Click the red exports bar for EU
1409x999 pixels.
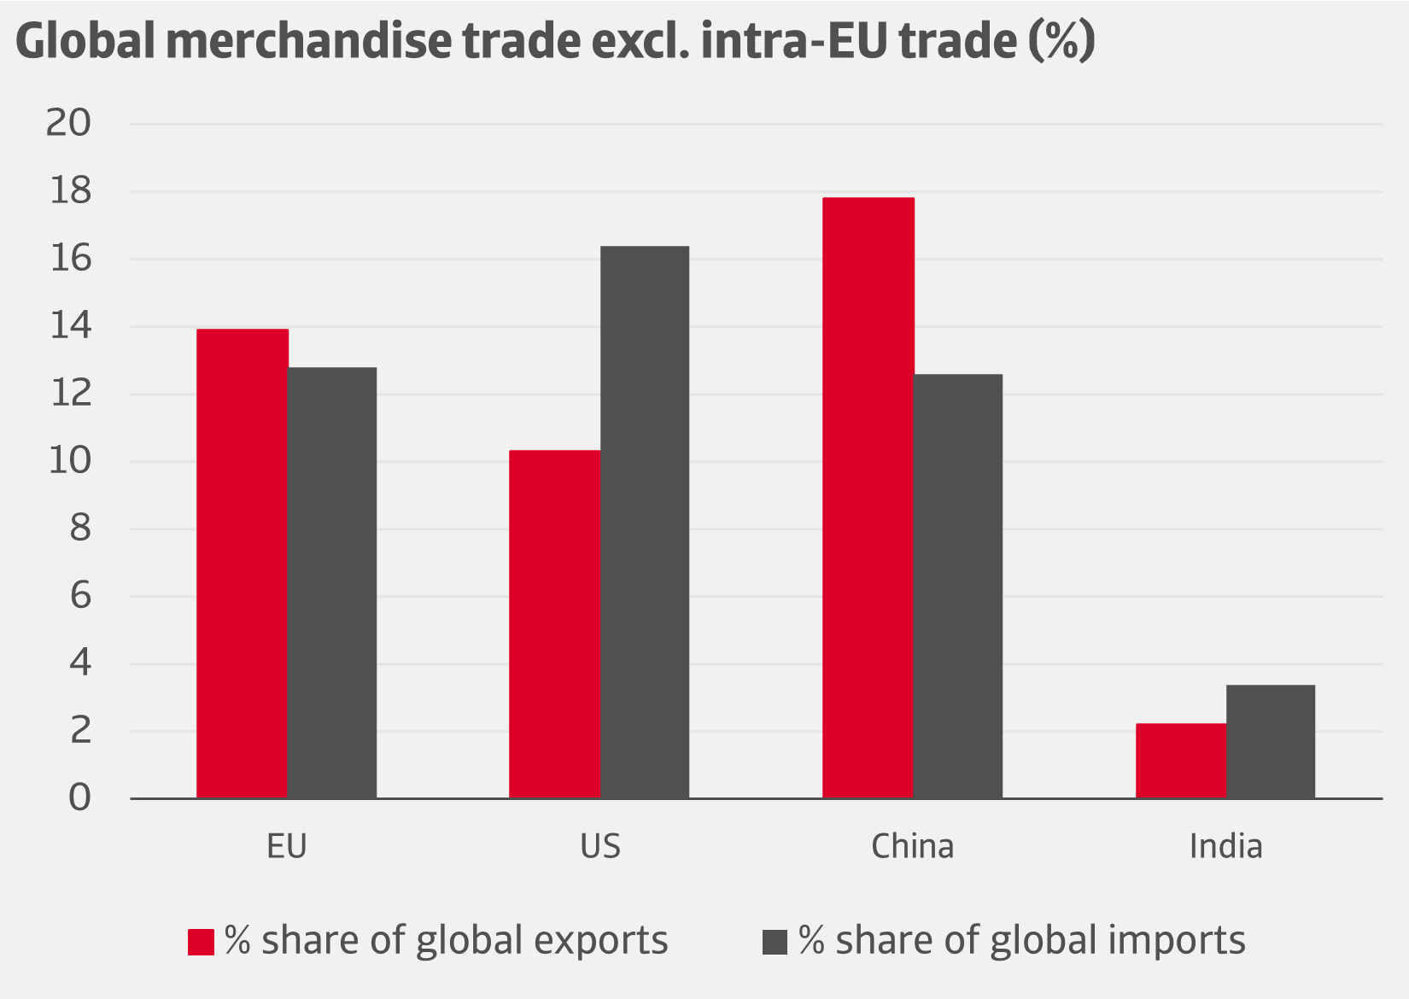click(242, 564)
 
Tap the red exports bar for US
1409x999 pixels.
click(554, 624)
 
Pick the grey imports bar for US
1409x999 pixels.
click(645, 522)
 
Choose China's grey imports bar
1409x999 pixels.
click(958, 586)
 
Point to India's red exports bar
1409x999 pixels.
click(1180, 761)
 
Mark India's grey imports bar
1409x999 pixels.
click(1271, 741)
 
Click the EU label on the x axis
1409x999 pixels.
click(287, 846)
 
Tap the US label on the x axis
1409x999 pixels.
click(600, 846)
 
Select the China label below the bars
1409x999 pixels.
click(912, 846)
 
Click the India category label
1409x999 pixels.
click(1225, 846)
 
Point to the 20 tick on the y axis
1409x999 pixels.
click(68, 124)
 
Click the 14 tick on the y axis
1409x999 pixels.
click(68, 326)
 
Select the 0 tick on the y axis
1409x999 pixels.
click(79, 797)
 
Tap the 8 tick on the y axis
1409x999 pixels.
click(79, 529)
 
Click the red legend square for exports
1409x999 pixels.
click(201, 942)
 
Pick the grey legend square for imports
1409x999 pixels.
click(775, 942)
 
